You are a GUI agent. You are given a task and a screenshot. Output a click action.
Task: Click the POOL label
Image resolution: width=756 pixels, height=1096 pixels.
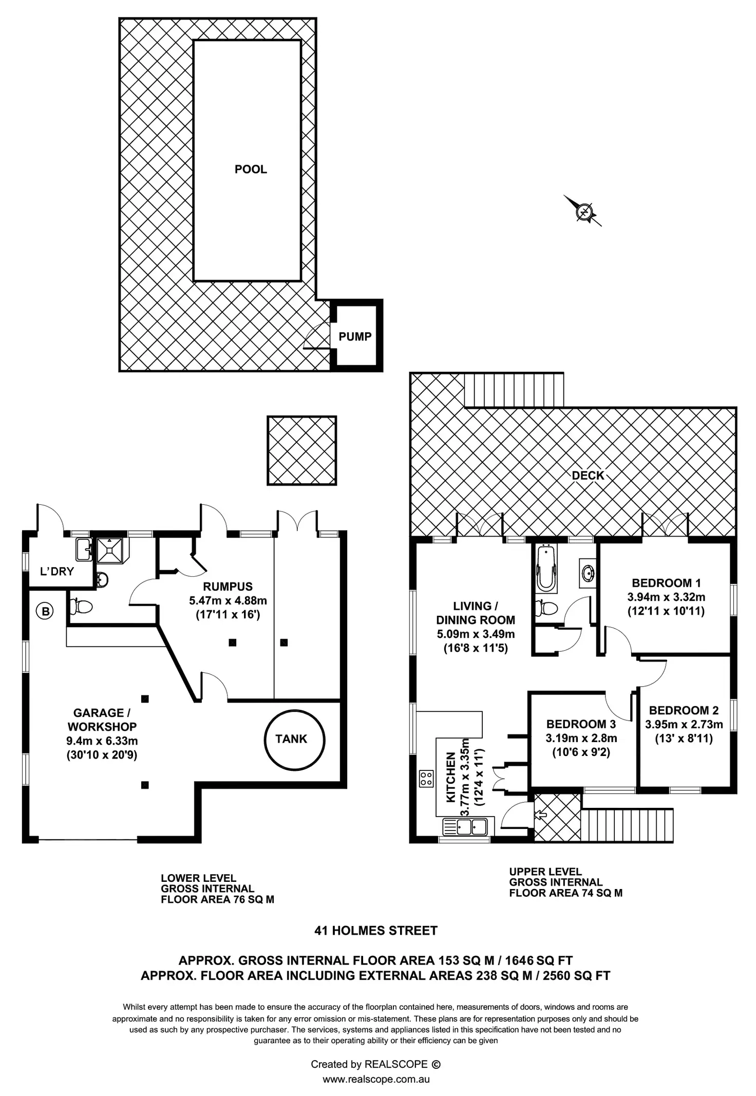click(251, 169)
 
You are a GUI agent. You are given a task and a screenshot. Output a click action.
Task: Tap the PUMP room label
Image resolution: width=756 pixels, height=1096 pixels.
click(355, 337)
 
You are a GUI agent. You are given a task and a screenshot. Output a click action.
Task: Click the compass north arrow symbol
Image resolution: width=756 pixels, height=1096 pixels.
click(583, 211)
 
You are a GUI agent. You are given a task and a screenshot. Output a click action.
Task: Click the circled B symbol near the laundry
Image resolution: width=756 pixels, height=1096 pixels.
click(45, 611)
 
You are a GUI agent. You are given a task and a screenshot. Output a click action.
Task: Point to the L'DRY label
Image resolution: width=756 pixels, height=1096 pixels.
click(57, 571)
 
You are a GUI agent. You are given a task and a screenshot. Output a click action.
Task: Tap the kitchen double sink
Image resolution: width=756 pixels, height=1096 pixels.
click(465, 826)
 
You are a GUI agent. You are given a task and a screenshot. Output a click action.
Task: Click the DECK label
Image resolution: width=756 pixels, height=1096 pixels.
click(588, 476)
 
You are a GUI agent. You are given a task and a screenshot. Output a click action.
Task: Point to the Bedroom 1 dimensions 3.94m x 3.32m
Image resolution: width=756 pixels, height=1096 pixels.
click(666, 597)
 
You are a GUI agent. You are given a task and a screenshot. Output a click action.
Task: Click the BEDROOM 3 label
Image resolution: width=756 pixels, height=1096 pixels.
click(581, 724)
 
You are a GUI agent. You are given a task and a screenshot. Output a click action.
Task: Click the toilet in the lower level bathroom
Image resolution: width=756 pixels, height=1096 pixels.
click(81, 607)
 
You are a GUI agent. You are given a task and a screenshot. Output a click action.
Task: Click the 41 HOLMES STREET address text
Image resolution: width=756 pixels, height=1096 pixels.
click(376, 931)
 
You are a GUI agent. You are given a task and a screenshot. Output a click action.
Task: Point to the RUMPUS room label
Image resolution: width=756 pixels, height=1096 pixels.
click(228, 587)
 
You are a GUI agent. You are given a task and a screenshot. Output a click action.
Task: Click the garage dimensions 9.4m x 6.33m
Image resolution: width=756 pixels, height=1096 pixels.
click(102, 741)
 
